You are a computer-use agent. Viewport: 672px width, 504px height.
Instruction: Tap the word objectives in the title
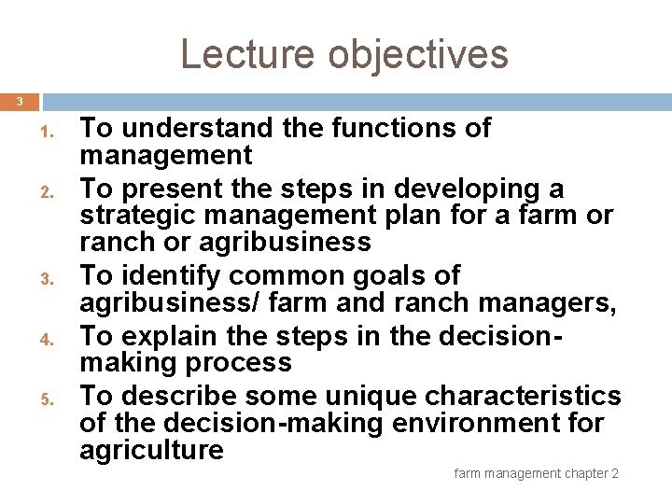pos(418,54)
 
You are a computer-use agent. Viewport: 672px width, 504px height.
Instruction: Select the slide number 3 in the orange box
pos(18,101)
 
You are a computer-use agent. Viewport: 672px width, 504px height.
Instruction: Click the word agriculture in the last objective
pos(151,450)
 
